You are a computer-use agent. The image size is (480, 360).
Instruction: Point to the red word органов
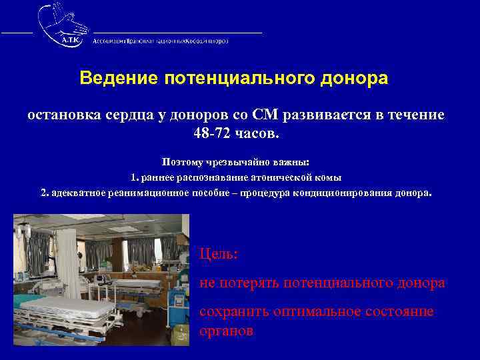[226, 331]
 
